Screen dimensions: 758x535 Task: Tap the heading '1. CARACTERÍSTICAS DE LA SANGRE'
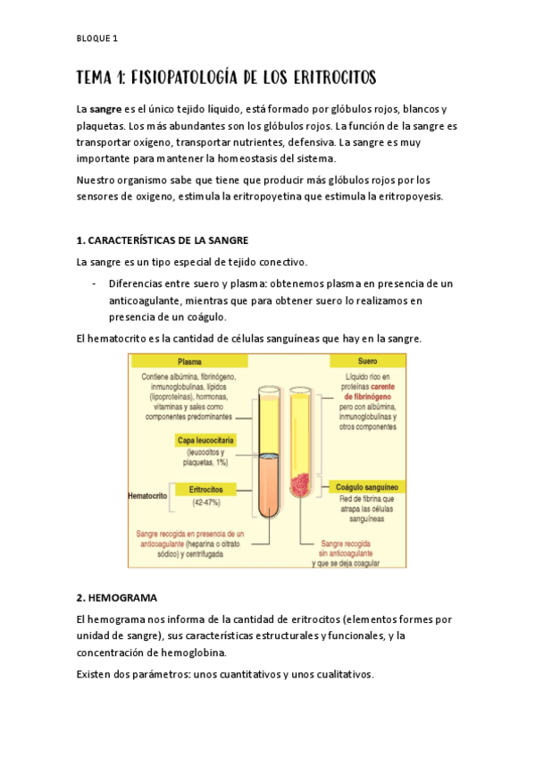click(163, 240)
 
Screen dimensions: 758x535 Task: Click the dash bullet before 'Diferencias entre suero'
click(94, 283)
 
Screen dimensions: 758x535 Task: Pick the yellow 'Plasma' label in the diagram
click(188, 362)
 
